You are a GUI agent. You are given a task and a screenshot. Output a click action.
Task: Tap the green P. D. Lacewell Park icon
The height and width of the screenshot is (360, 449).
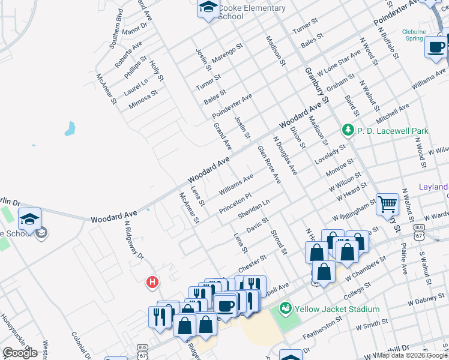(x=347, y=130)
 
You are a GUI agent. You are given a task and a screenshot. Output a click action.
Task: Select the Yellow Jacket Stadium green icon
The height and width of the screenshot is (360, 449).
(x=286, y=309)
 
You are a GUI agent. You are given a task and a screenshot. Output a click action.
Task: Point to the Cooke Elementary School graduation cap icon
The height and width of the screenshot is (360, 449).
(x=208, y=7)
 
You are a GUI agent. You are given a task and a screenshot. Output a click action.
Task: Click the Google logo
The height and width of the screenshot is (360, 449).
(x=20, y=353)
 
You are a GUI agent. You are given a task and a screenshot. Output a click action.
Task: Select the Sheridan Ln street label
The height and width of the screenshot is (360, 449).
(x=254, y=209)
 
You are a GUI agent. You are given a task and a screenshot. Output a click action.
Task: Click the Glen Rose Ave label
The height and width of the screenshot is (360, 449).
(x=269, y=164)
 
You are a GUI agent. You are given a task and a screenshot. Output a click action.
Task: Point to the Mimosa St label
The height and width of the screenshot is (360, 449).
(x=143, y=100)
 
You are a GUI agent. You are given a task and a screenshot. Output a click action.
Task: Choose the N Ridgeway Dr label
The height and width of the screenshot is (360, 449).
(x=134, y=240)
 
